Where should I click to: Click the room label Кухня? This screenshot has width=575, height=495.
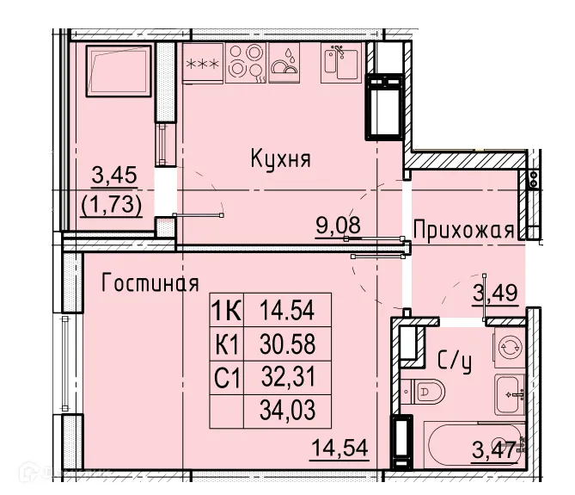point(280,158)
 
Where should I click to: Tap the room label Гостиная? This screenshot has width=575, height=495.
point(150,283)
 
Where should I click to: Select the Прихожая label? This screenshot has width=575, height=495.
point(463,230)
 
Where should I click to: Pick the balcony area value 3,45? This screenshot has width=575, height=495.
point(113,176)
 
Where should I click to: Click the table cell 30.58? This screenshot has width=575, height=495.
point(287,344)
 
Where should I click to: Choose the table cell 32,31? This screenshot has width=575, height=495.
point(287,376)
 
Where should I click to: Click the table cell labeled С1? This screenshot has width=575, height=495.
point(226,376)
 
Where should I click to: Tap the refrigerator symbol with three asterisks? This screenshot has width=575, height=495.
point(203,63)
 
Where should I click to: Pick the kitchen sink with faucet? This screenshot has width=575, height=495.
point(341,61)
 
